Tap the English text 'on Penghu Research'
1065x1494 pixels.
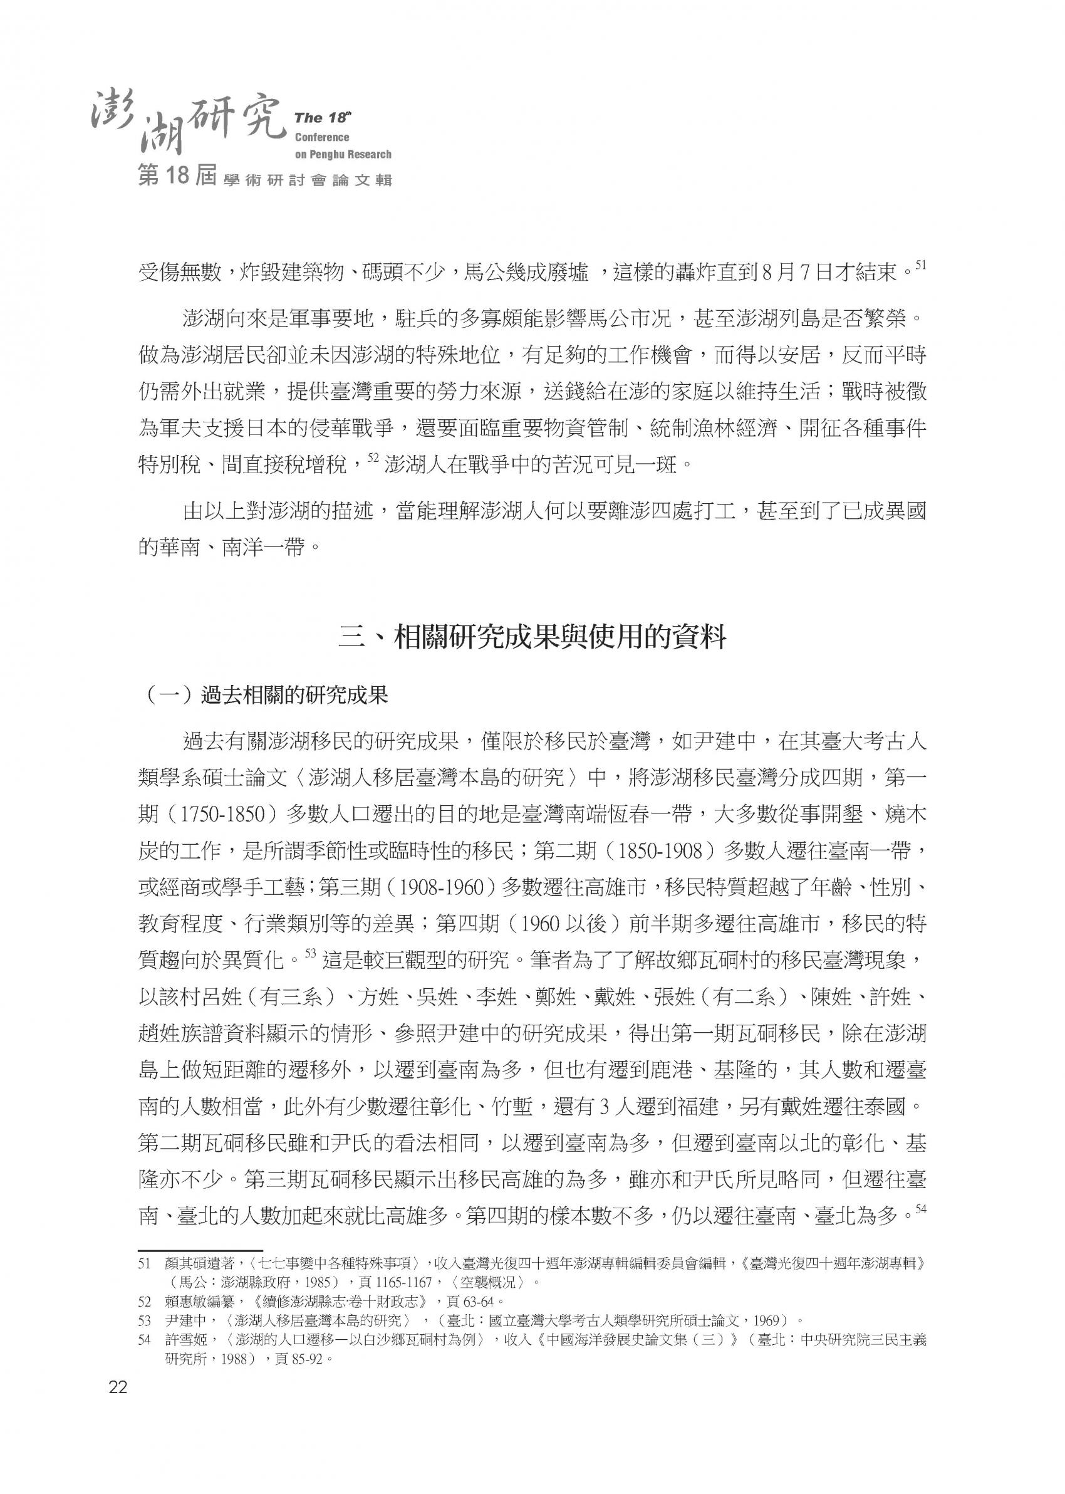click(x=342, y=155)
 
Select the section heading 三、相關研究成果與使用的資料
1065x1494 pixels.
click(x=532, y=637)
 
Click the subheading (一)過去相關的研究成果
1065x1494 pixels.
click(x=266, y=696)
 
